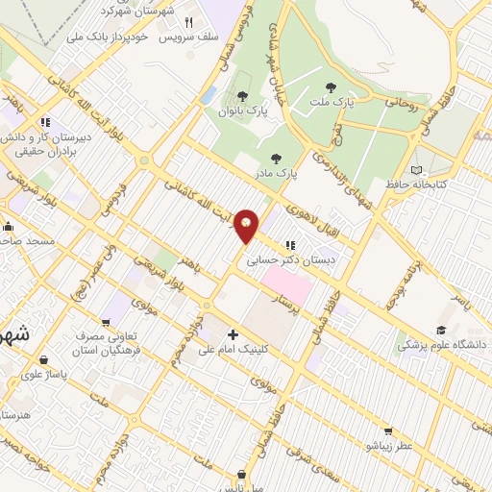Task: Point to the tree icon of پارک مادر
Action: tap(277, 159)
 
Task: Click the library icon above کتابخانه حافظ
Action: tap(416, 169)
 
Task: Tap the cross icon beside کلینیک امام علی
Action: tap(234, 335)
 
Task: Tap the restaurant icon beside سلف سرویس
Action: tap(189, 21)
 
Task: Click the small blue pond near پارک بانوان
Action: tap(209, 96)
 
